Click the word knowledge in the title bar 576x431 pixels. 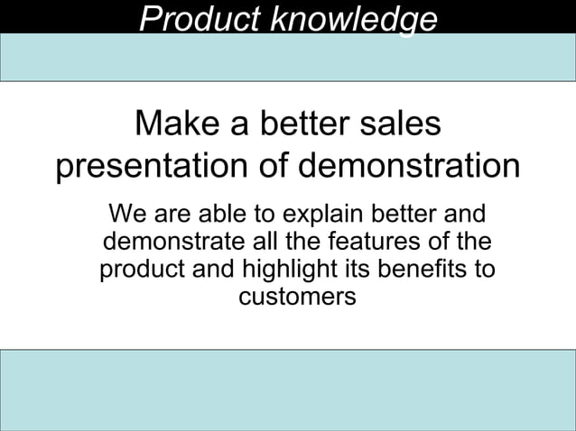pyautogui.click(x=353, y=19)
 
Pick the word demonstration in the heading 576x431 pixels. pyautogui.click(x=409, y=167)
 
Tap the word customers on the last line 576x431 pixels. pyautogui.click(x=297, y=297)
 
